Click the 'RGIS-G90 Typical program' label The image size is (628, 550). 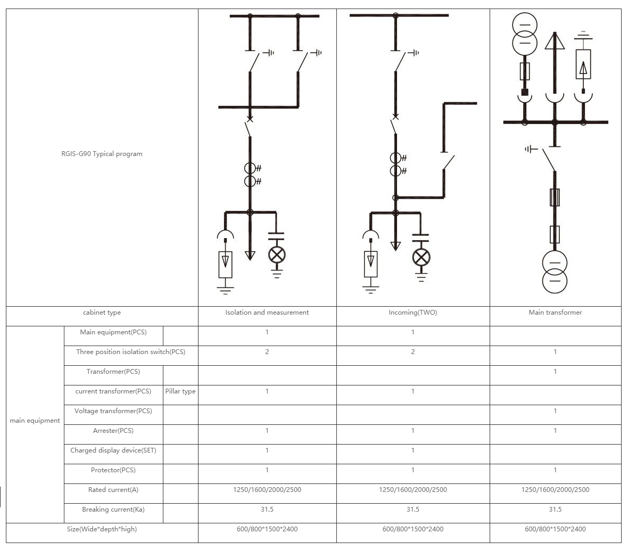tap(102, 154)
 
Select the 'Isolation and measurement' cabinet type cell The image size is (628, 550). tap(267, 313)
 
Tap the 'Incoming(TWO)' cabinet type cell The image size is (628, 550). tap(412, 313)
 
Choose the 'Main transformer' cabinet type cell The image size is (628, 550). tap(555, 313)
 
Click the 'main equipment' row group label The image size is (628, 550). tap(35, 421)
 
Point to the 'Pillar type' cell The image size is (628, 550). tap(180, 391)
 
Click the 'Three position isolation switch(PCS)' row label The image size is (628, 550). tap(130, 352)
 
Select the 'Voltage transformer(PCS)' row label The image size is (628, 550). tap(113, 411)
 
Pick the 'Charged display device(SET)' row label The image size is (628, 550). tap(113, 450)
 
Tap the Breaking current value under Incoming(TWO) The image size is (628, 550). tap(412, 510)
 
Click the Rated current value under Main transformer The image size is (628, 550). tap(555, 490)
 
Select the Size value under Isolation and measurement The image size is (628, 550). tap(267, 529)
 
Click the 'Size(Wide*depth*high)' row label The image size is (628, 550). tap(102, 529)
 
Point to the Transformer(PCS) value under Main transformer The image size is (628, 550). tap(555, 372)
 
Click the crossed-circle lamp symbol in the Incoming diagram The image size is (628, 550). tap(421, 258)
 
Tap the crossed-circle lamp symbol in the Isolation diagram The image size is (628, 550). tap(276, 255)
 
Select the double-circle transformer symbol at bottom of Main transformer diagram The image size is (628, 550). tap(555, 272)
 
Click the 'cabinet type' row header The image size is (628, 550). tap(102, 313)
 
